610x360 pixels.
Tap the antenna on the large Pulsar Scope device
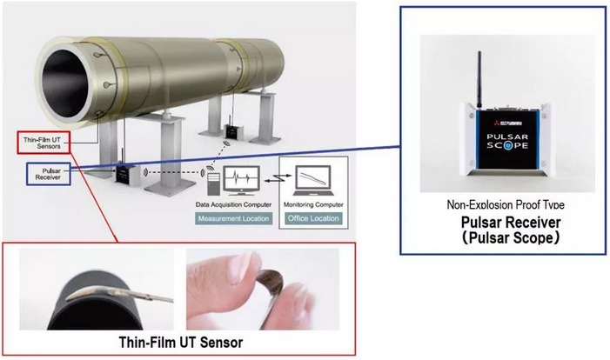click(478, 77)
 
